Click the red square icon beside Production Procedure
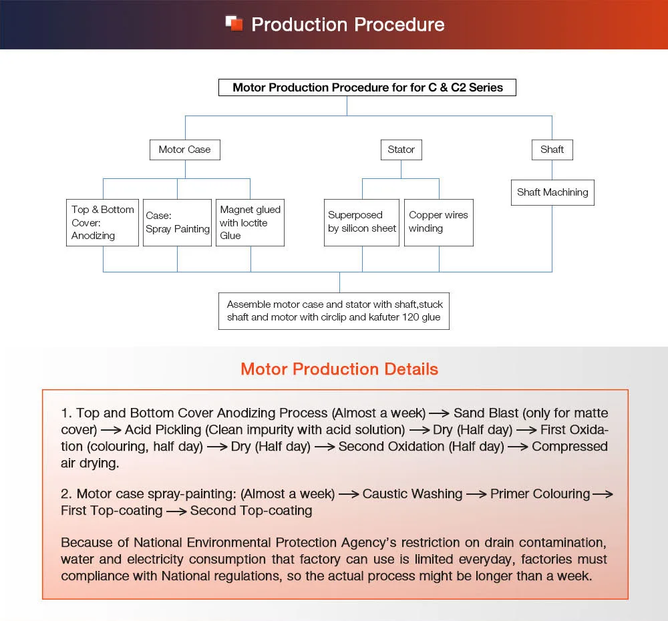coord(234,23)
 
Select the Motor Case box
coord(184,150)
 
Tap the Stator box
coord(401,150)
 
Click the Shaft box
coord(552,150)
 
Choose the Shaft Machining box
coord(552,192)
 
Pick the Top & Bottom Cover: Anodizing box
coord(103,222)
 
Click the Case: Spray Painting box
coord(177,222)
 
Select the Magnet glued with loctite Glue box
coord(251,222)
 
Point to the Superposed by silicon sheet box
coord(362,222)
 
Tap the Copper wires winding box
coord(439,222)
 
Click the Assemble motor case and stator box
coord(334,310)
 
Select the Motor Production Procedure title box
coord(367,87)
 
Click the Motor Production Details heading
coord(339,369)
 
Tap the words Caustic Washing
coord(412,494)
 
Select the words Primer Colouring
coord(540,494)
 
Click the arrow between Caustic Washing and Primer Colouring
coord(476,495)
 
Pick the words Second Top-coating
coord(251,511)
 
